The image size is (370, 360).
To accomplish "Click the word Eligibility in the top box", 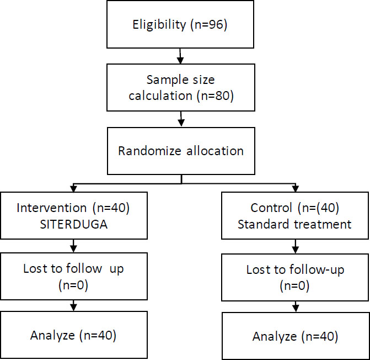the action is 159,25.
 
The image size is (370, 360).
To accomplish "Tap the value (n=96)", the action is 209,24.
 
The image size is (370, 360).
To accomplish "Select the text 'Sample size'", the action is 180,80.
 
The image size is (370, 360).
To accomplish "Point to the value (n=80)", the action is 215,96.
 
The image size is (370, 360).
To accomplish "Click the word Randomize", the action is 149,151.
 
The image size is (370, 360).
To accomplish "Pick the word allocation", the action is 215,151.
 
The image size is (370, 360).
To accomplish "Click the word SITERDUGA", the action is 74,224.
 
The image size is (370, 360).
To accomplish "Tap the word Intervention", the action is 52,208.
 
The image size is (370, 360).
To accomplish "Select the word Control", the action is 271,208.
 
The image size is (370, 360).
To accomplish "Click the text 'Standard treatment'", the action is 294,224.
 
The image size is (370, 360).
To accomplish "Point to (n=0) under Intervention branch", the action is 73,285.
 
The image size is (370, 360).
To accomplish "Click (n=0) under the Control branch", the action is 294,286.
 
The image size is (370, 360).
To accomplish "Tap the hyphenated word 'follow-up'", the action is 317,270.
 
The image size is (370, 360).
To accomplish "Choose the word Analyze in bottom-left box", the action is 52,336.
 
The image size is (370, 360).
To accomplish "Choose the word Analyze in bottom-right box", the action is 275,336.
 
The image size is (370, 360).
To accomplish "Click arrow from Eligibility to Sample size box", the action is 180,56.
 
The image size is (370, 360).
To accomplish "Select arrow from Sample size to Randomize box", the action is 181,119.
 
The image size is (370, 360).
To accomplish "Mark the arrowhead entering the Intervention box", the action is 74,188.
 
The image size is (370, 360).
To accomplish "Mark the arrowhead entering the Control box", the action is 296,188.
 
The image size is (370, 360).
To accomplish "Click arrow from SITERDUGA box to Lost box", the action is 74,246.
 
